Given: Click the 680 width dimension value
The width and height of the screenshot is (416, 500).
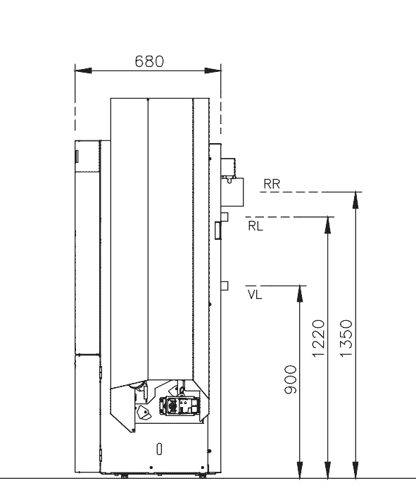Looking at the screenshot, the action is click(x=149, y=61).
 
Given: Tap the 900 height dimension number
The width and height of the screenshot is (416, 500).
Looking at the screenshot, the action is click(x=290, y=380).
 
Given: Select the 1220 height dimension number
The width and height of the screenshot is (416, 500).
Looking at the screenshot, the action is click(x=318, y=339).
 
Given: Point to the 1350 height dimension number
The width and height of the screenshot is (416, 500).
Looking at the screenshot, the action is click(x=346, y=339).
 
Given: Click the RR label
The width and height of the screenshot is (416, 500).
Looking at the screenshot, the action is click(x=272, y=184).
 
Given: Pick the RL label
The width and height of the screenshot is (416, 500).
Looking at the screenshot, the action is click(x=256, y=226).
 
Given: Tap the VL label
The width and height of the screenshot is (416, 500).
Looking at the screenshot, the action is click(x=255, y=295).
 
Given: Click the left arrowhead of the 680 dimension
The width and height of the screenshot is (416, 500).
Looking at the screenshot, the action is click(x=83, y=71).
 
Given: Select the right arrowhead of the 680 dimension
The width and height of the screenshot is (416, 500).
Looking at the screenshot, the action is click(x=213, y=71).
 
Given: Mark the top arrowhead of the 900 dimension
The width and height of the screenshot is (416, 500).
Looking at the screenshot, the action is click(x=300, y=293).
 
